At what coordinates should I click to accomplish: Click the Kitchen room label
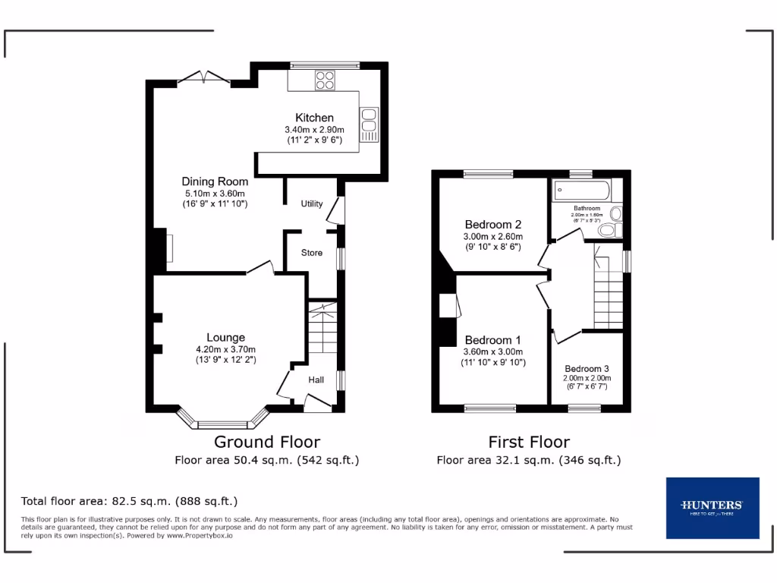coord(314,118)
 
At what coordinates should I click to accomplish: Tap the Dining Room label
coord(215,181)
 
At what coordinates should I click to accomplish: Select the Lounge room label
coord(225,338)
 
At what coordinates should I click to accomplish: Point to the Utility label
coord(312,203)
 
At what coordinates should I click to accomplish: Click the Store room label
coord(311,253)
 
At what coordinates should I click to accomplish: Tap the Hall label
coord(316,380)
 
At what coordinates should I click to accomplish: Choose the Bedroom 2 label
coord(492,225)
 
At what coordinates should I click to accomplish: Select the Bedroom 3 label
coord(587,368)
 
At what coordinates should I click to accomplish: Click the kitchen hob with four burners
coord(326,79)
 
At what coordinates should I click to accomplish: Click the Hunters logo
coord(712,508)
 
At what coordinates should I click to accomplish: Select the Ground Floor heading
coord(266,442)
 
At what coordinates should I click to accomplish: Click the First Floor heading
coord(528,442)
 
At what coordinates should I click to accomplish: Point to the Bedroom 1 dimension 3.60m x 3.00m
coord(492,351)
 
